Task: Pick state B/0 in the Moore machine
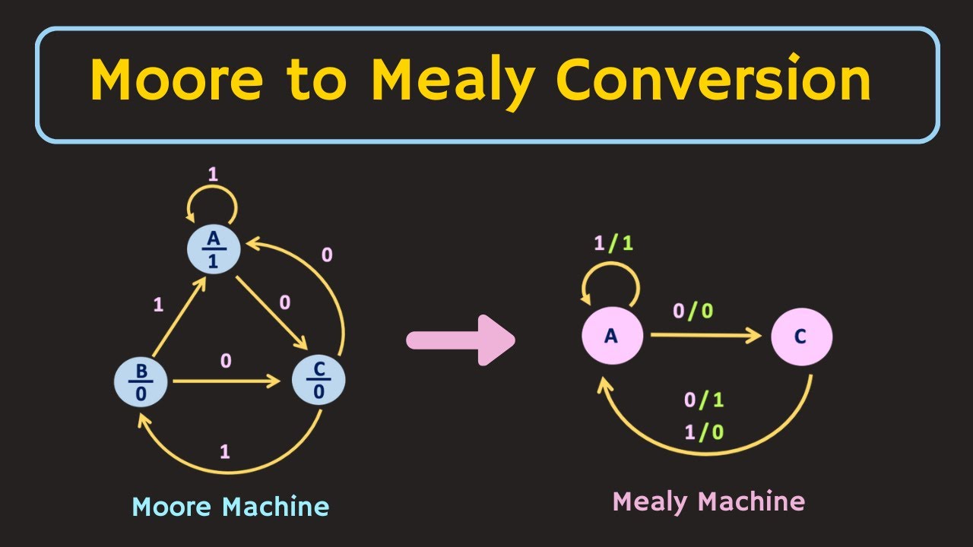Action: [141, 382]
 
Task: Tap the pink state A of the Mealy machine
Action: [612, 336]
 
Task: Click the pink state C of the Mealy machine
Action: [801, 336]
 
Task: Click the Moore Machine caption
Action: [230, 507]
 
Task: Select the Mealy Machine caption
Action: [708, 501]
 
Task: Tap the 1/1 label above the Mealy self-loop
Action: [613, 244]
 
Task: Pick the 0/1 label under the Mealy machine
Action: [704, 401]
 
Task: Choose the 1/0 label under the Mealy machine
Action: [704, 432]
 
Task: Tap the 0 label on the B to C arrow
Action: [226, 362]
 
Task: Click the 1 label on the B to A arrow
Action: [158, 305]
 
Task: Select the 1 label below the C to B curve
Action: [224, 452]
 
